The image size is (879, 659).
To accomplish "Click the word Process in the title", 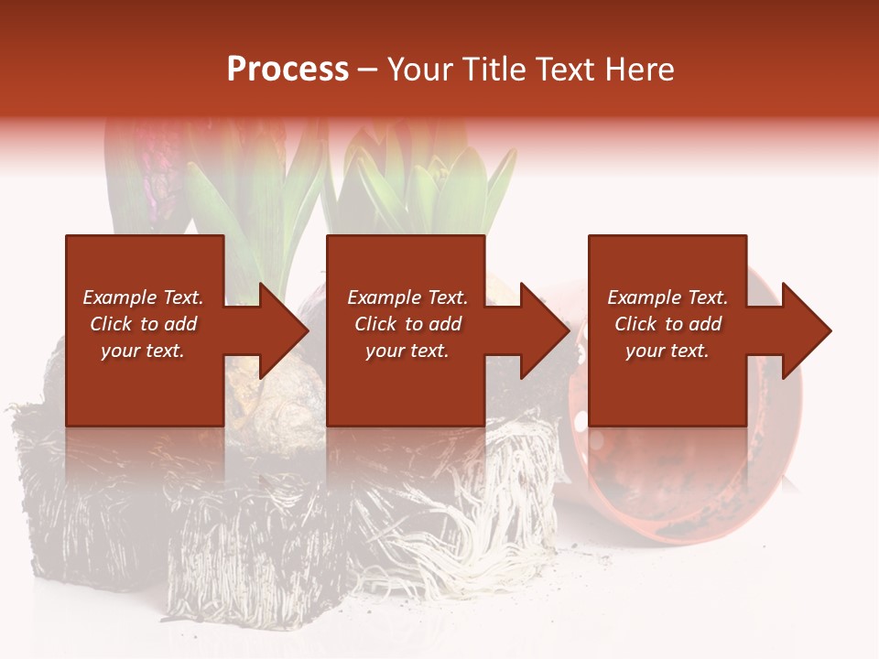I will click(288, 70).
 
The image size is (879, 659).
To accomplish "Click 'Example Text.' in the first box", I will click(143, 297).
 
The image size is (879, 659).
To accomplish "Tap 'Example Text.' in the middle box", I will click(407, 297).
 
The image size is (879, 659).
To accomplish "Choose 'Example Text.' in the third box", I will click(667, 297).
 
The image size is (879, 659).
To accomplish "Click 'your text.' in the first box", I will click(143, 351).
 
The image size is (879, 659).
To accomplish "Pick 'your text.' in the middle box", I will click(407, 351).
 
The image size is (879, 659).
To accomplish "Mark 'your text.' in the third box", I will click(667, 351).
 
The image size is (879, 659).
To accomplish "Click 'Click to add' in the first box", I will click(143, 324).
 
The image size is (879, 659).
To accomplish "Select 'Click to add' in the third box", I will click(667, 324).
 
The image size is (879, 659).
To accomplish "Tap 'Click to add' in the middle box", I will click(407, 324).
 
